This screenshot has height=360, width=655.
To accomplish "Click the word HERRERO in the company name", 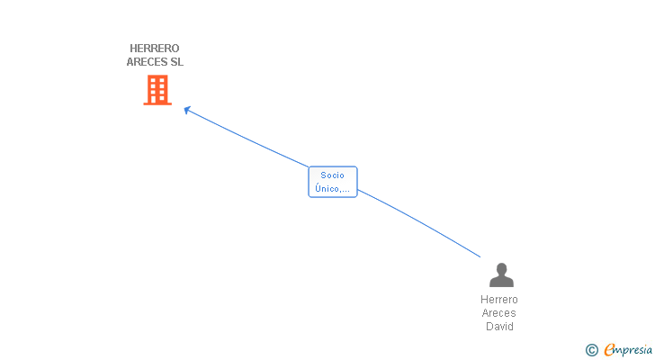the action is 155,49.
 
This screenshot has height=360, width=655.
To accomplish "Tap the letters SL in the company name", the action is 176,62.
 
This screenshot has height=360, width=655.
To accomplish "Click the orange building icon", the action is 157,90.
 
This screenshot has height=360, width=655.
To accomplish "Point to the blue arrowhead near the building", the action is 187,110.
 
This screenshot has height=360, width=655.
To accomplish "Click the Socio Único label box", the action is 333,182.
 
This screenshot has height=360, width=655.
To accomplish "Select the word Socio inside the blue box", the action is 333,175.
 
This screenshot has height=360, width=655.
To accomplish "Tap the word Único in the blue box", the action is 327,189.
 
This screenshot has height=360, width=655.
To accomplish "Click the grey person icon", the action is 501,274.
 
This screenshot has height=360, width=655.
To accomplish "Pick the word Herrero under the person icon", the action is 499,300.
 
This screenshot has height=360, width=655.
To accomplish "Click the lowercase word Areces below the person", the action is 498,313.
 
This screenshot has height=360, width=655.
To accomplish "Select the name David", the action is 499,326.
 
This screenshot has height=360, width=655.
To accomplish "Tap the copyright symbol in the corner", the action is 591,350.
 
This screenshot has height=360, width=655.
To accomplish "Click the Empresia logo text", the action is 628,350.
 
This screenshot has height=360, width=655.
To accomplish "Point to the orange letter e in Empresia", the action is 609,349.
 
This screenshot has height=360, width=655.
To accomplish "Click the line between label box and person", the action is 418,221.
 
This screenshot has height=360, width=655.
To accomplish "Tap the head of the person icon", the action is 501,268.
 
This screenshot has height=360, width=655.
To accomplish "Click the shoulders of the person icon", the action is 501,282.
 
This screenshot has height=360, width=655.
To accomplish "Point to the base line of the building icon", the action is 157,103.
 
